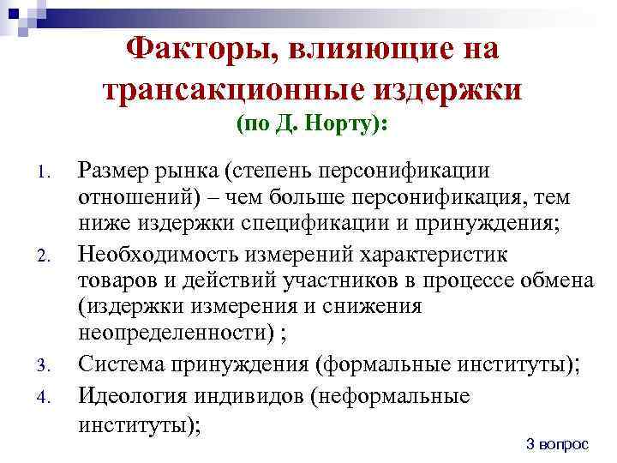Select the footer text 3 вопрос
point(558,443)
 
